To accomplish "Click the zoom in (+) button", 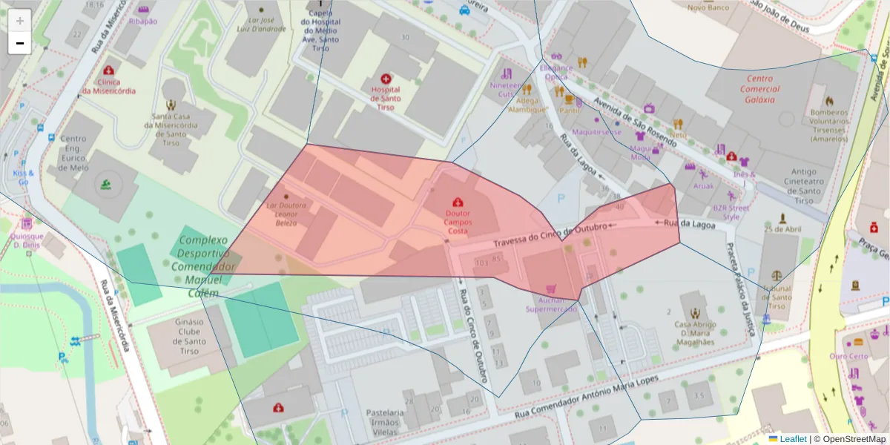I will tap(20, 20).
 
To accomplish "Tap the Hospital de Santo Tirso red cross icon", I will tap(386, 79).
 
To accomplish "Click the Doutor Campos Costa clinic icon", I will tap(457, 202).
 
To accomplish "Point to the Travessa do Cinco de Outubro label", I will tap(550, 236).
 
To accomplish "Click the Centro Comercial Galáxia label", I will tap(759, 89).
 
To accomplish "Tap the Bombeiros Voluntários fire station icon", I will tap(829, 101).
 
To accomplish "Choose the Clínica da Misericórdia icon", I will tap(109, 70).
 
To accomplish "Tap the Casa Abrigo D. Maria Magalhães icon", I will tap(694, 314).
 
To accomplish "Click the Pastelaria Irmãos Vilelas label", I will tap(385, 421).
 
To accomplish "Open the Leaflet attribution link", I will tap(793, 439).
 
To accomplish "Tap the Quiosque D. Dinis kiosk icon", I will tap(27, 223).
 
